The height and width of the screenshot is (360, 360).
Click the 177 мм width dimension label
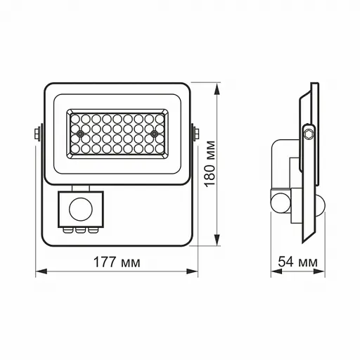(x=117, y=262)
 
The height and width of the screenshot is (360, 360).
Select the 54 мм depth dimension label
(x=297, y=262)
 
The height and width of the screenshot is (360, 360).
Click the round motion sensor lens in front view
(x=79, y=210)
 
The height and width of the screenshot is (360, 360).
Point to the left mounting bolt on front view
(x=36, y=133)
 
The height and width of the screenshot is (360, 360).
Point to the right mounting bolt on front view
(x=195, y=133)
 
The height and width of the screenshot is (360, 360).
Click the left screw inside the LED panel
(x=82, y=133)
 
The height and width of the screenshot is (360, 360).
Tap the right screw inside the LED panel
(x=153, y=133)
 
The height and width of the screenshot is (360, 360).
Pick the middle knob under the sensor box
(x=79, y=229)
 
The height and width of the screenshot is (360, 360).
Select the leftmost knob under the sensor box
(x=70, y=229)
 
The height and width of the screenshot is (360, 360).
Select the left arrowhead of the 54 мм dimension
(x=273, y=271)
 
